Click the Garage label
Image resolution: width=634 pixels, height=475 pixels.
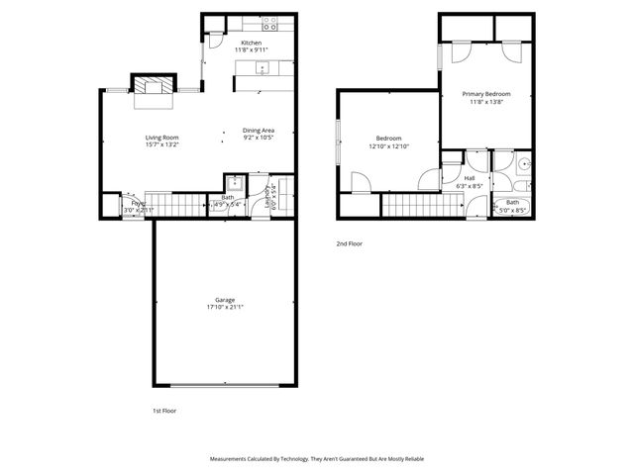225,299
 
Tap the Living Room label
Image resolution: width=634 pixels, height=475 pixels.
162,138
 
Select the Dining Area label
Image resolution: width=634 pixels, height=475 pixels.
259,131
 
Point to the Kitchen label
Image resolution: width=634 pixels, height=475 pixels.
251,43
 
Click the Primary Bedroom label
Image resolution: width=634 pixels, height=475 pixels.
486,94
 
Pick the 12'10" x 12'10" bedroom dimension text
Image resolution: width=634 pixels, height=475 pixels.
388,145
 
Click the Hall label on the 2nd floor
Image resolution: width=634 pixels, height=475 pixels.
470,178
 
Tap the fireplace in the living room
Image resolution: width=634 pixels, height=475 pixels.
153,84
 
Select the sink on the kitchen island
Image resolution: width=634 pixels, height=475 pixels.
262,67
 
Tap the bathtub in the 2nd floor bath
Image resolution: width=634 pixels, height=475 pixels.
512,205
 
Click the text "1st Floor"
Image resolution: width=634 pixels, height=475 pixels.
163,410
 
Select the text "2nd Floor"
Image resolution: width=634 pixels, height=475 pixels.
349,242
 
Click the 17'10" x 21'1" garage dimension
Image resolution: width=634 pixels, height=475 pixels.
225,307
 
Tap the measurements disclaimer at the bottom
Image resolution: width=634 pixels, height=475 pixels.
316,459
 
